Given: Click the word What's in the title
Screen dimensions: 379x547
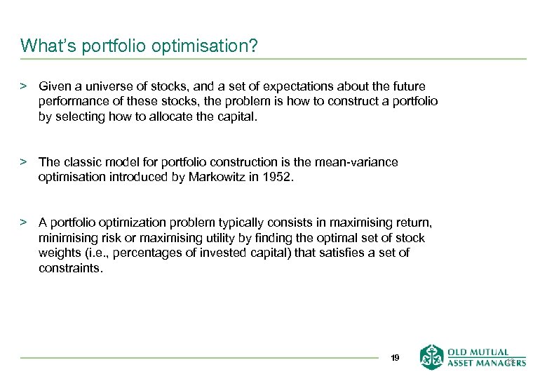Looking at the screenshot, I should tap(46, 46).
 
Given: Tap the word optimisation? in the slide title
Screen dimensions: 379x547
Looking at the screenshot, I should tap(210, 47).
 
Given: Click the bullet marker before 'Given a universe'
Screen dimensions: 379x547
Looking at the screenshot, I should tap(23, 86).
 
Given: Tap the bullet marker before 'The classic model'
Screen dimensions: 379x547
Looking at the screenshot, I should tap(23, 162).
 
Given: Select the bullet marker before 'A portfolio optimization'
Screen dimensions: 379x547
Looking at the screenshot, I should tap(23, 222).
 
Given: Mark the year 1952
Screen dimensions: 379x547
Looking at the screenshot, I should tap(278, 177).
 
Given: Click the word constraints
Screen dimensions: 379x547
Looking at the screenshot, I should tap(70, 267).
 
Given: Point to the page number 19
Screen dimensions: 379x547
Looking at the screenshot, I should tap(395, 358).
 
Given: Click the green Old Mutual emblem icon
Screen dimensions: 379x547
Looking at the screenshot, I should tap(431, 357).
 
